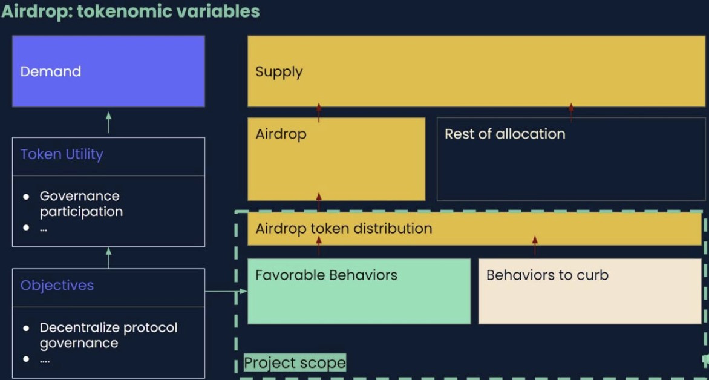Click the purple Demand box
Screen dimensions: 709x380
108,71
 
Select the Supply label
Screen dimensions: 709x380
279,72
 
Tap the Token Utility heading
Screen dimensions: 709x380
62,155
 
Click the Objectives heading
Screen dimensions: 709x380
57,286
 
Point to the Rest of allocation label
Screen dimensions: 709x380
505,134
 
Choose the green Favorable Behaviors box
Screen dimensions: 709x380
359,291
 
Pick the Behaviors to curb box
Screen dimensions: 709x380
590,291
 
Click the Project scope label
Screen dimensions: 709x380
295,363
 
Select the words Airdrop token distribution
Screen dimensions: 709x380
344,229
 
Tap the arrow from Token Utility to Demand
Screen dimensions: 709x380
108,122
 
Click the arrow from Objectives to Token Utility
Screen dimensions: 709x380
108,257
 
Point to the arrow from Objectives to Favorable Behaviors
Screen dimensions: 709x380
226,291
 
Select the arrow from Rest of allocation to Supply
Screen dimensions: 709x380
571,113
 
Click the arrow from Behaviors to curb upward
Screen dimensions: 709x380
535,247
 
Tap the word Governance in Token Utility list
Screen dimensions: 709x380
80,196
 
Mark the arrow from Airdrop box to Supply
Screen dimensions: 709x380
319,113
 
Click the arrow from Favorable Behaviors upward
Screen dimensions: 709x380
319,247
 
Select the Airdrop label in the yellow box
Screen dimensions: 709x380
281,134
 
